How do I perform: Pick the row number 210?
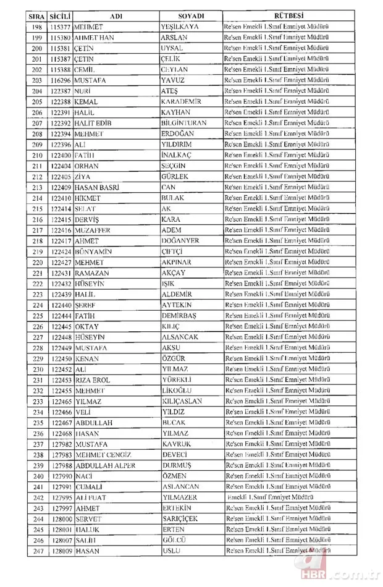click(x=37, y=155)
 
